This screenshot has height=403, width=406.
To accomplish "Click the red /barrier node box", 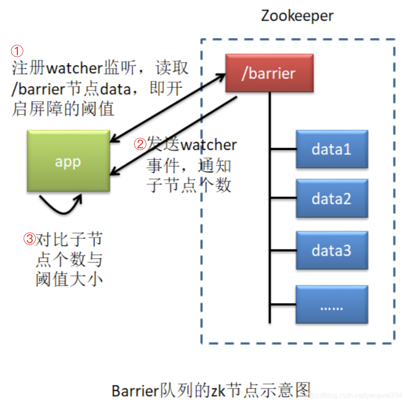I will [x=269, y=73].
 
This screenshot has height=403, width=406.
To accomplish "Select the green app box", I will [x=68, y=161].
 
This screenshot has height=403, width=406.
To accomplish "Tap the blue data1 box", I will [x=331, y=149].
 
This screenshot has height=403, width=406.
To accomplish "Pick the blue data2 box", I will [x=331, y=199].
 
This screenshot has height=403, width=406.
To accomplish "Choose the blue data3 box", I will [x=331, y=251].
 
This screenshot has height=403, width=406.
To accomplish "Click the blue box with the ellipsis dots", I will [x=331, y=305].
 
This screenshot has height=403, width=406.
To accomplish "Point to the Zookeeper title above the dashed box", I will [x=297, y=16].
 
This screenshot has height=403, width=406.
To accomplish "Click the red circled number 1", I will [x=17, y=52].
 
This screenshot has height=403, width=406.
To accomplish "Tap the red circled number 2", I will [x=140, y=144].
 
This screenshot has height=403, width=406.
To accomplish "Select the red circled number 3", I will [x=29, y=239].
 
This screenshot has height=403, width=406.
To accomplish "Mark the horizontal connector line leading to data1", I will [x=283, y=149].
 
